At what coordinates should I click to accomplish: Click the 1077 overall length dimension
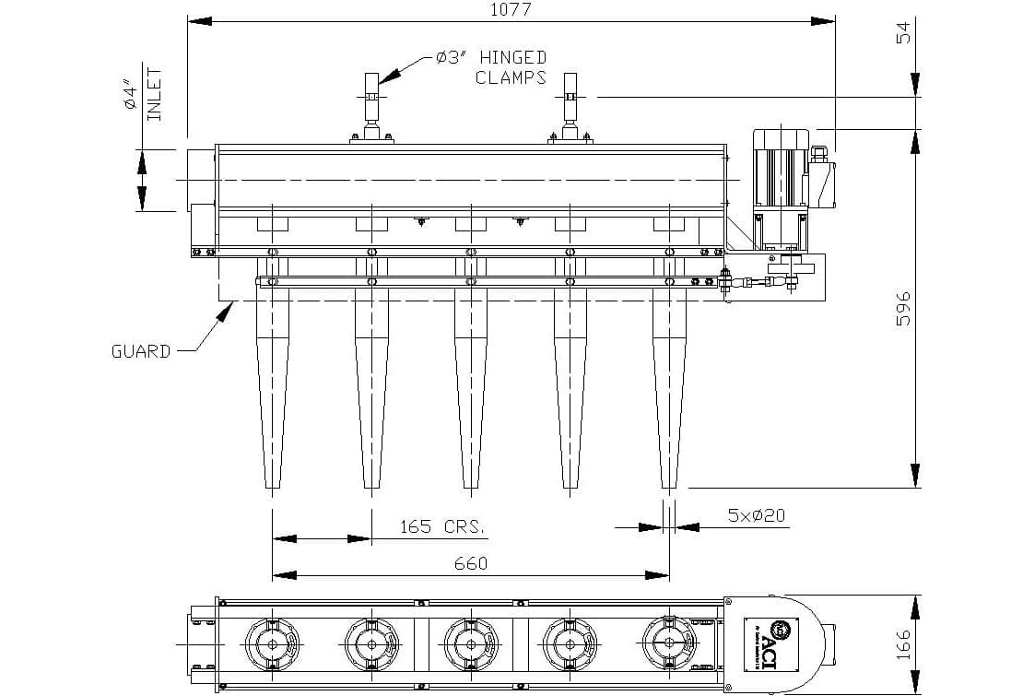[x=510, y=10]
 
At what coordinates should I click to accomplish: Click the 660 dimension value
[x=470, y=562]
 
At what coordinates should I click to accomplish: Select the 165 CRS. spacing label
[x=442, y=527]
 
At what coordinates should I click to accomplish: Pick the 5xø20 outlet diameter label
[x=756, y=515]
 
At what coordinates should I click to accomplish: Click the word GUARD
[x=141, y=351]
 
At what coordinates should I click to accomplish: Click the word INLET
[x=155, y=94]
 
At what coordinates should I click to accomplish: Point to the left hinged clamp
[x=371, y=106]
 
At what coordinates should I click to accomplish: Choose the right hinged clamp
[x=570, y=106]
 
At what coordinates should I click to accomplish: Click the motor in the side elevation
[x=781, y=180]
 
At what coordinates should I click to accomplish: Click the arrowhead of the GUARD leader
[x=227, y=311]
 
